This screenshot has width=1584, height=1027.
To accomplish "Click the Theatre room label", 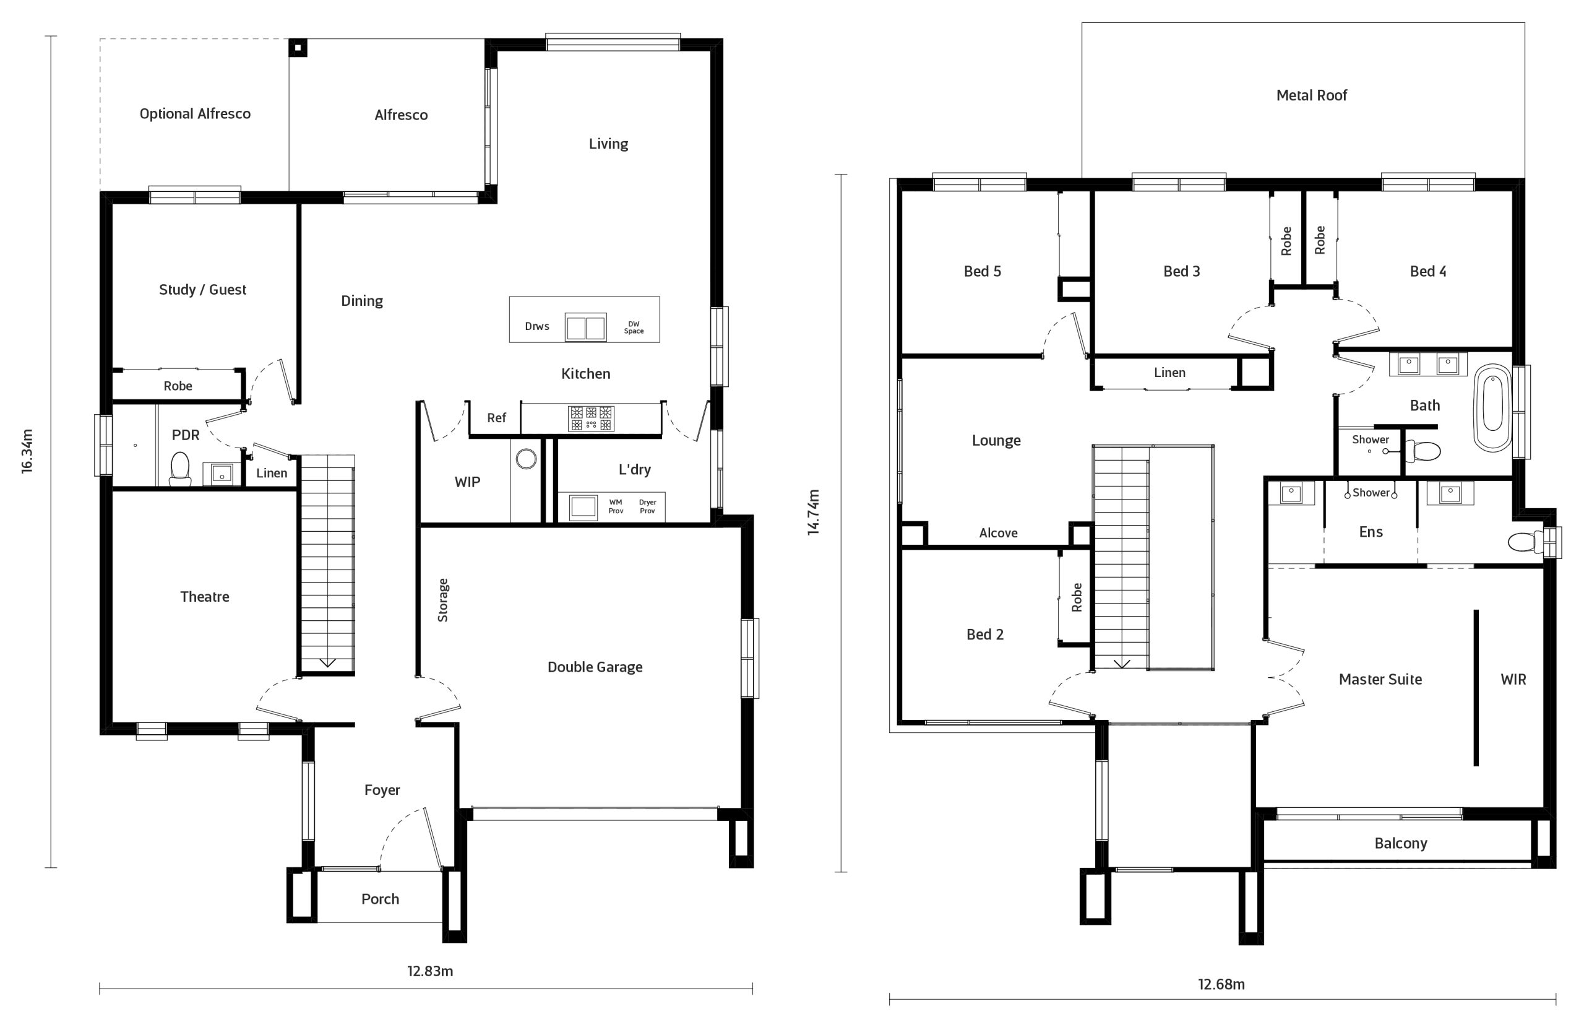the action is [x=204, y=597].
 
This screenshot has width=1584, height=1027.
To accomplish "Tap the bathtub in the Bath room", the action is [x=1493, y=409].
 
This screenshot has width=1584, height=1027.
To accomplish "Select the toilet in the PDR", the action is [x=179, y=469].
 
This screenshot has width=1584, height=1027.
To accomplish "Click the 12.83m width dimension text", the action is [x=430, y=971].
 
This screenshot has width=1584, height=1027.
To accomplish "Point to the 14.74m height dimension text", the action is [x=812, y=512].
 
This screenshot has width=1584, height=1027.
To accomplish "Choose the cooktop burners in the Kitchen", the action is [x=591, y=418].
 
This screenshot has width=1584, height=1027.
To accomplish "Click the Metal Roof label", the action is [x=1311, y=95].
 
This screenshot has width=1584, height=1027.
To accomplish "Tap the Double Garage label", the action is [x=595, y=667].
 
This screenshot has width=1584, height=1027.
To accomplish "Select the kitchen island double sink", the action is [x=586, y=327].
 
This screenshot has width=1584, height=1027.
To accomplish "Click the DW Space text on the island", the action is [x=634, y=327].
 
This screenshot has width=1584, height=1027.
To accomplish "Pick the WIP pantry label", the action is [x=467, y=482].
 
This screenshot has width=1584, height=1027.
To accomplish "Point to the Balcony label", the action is [x=1401, y=843].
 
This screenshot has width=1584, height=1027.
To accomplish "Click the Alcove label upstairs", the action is [x=998, y=533].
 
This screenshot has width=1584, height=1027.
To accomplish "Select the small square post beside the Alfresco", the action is [x=298, y=47].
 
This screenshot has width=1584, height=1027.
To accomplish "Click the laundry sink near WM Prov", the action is [x=582, y=507].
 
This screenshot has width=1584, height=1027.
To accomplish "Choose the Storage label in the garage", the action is [x=442, y=600].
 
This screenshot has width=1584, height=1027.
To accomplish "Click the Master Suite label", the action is [x=1380, y=679].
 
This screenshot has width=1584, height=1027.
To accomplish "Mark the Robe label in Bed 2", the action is [x=1077, y=597].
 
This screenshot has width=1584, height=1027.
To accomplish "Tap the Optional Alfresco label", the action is [x=195, y=114].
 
